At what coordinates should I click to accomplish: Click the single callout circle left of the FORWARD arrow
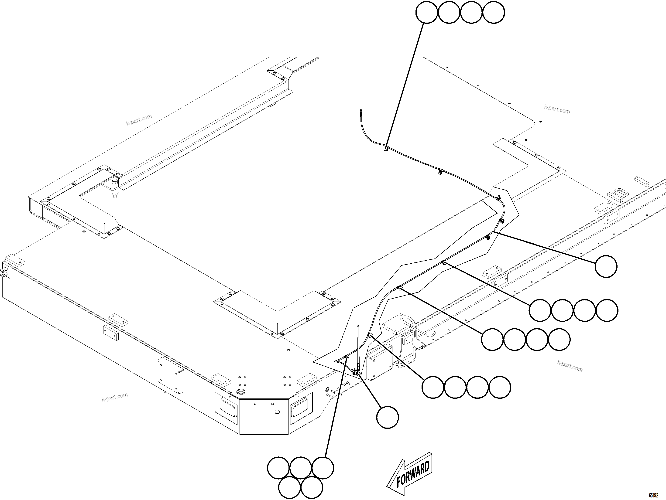click(x=388, y=417)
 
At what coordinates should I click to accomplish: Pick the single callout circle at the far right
click(x=606, y=266)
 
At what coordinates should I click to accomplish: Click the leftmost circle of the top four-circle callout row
click(x=427, y=12)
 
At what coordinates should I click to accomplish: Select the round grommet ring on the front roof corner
click(x=241, y=392)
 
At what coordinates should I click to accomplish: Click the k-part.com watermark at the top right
click(x=557, y=109)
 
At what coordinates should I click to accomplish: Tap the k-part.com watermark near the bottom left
click(x=114, y=397)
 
